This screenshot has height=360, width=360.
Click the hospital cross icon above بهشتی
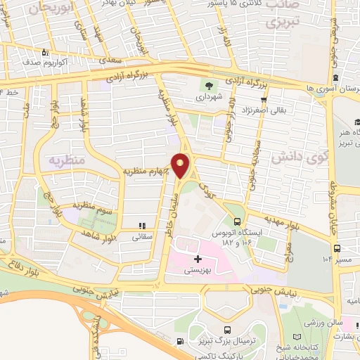point(198,259)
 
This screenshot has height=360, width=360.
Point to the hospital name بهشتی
point(199,270)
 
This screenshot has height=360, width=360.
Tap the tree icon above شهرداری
point(210,86)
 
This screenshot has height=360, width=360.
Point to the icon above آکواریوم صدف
point(44,52)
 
